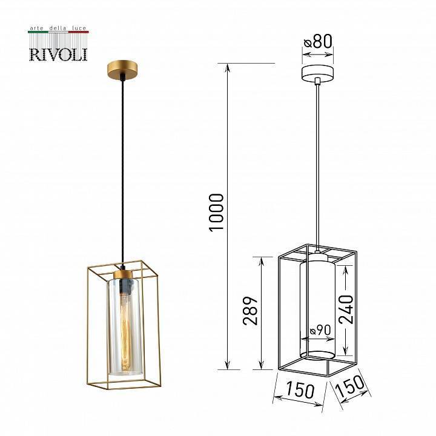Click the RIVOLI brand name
58,54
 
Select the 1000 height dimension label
216,212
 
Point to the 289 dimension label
251,311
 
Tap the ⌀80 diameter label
319,42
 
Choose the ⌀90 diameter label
320,331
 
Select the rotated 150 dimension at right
351,387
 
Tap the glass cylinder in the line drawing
317,309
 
